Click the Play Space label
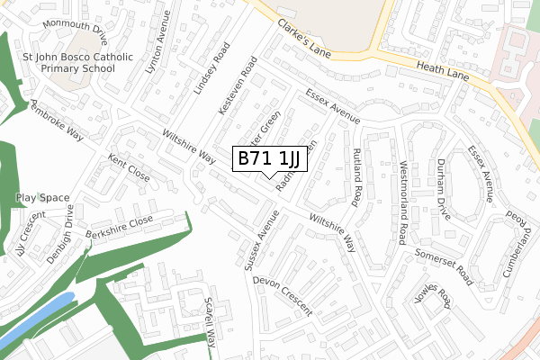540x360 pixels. [x=42, y=197]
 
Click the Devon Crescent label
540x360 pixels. [x=282, y=294]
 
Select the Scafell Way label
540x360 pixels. [x=211, y=322]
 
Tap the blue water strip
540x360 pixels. [x=36, y=319]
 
